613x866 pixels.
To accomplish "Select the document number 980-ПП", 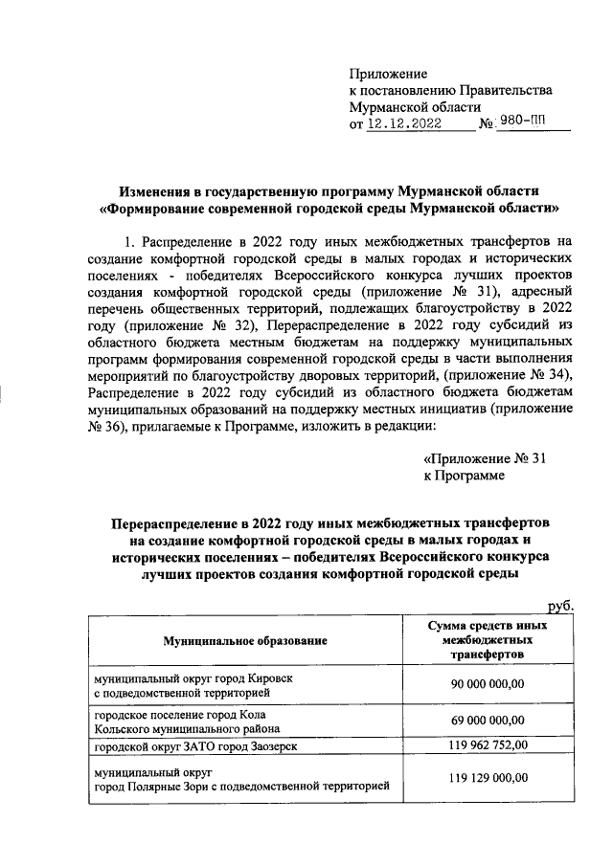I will (x=528, y=124).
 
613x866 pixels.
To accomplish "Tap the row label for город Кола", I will (x=178, y=722).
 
